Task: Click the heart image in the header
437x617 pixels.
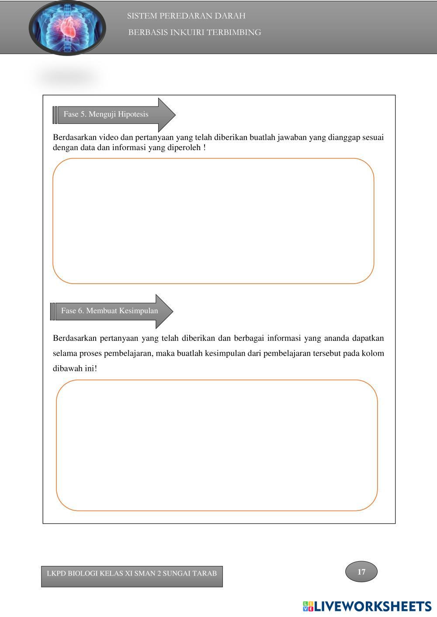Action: coord(67,28)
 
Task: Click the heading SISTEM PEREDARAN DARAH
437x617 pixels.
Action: coord(186,16)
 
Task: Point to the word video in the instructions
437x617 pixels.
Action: coord(108,137)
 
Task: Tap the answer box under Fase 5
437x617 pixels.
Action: coord(213,221)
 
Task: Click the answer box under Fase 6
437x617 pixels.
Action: coord(217,445)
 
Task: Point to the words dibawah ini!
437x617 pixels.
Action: coord(75,368)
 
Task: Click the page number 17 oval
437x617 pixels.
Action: coord(361,572)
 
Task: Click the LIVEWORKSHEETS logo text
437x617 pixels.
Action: coord(373,606)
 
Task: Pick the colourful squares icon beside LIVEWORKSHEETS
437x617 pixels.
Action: coord(308,606)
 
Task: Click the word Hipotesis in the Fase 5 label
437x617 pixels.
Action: coord(133,114)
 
